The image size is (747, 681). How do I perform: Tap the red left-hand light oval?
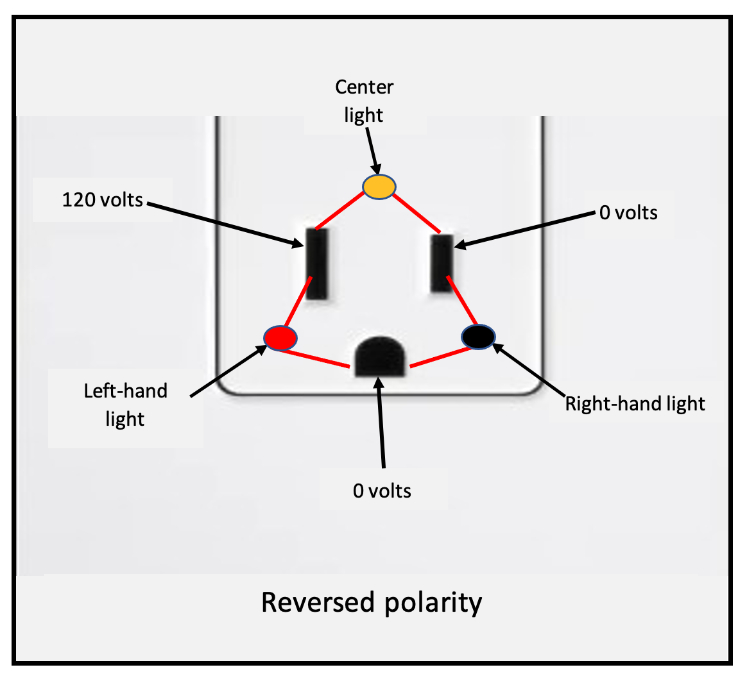point(280,337)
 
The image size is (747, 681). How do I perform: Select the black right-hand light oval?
point(479,336)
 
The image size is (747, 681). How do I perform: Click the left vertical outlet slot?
point(316,263)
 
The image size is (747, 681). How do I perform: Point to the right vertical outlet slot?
point(442,263)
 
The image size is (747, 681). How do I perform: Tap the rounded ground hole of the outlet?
point(380,357)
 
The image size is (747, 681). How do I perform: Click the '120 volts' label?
point(102,200)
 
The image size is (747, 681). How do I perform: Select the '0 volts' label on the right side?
point(628,212)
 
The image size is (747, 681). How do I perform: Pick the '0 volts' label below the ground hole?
point(382,491)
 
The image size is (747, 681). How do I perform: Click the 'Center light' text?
point(364,101)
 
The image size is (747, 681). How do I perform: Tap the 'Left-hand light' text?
point(126,405)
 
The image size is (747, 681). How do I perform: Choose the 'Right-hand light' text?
point(635,404)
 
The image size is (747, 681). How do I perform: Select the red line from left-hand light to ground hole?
point(316,358)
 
